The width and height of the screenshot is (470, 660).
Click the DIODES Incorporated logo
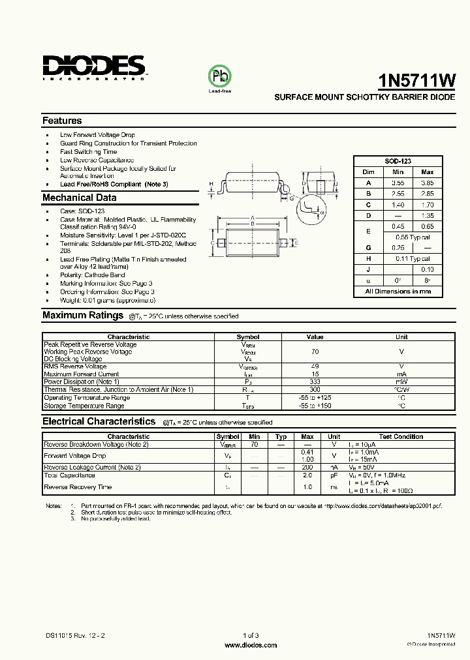pyautogui.click(x=94, y=67)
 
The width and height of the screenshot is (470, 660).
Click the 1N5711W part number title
pyautogui.click(x=416, y=80)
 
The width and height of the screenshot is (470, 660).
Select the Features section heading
pyautogui.click(x=62, y=121)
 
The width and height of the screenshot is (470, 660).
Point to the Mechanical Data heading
pyautogui.click(x=80, y=198)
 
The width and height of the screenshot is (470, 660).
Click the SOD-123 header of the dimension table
pyautogui.click(x=397, y=161)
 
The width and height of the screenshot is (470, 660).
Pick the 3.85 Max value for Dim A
pyautogui.click(x=428, y=183)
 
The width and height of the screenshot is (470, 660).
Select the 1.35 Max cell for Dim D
pyautogui.click(x=428, y=215)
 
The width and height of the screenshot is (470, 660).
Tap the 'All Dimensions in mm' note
pyautogui.click(x=398, y=291)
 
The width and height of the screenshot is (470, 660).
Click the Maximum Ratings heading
pyautogui.click(x=83, y=316)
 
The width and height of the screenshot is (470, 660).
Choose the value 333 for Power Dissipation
pyautogui.click(x=315, y=382)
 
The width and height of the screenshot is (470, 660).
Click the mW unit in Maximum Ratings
pyautogui.click(x=401, y=382)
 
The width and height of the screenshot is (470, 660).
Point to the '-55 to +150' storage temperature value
pyautogui.click(x=315, y=406)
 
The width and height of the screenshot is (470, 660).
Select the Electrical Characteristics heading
pyautogui.click(x=99, y=421)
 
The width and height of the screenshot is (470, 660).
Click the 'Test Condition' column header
pyautogui.click(x=401, y=436)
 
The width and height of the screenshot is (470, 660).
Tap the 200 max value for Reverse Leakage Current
pyautogui.click(x=307, y=468)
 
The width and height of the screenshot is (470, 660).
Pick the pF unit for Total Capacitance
pyautogui.click(x=334, y=476)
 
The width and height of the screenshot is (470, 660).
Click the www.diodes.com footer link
pyautogui.click(x=251, y=645)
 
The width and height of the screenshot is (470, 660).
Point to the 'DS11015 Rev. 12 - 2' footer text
pyautogui.click(x=74, y=635)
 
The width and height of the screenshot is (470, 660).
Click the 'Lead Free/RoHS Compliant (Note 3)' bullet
pyautogui.click(x=114, y=184)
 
